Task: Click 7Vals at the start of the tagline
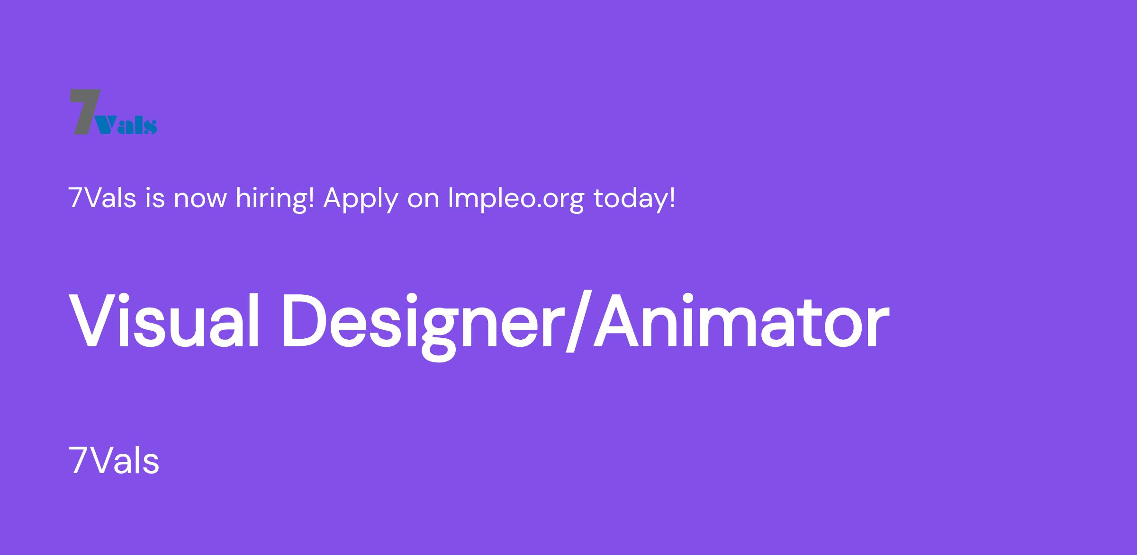[102, 198]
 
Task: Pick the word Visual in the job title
[164, 320]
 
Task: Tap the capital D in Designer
[305, 320]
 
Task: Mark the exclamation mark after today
[671, 198]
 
